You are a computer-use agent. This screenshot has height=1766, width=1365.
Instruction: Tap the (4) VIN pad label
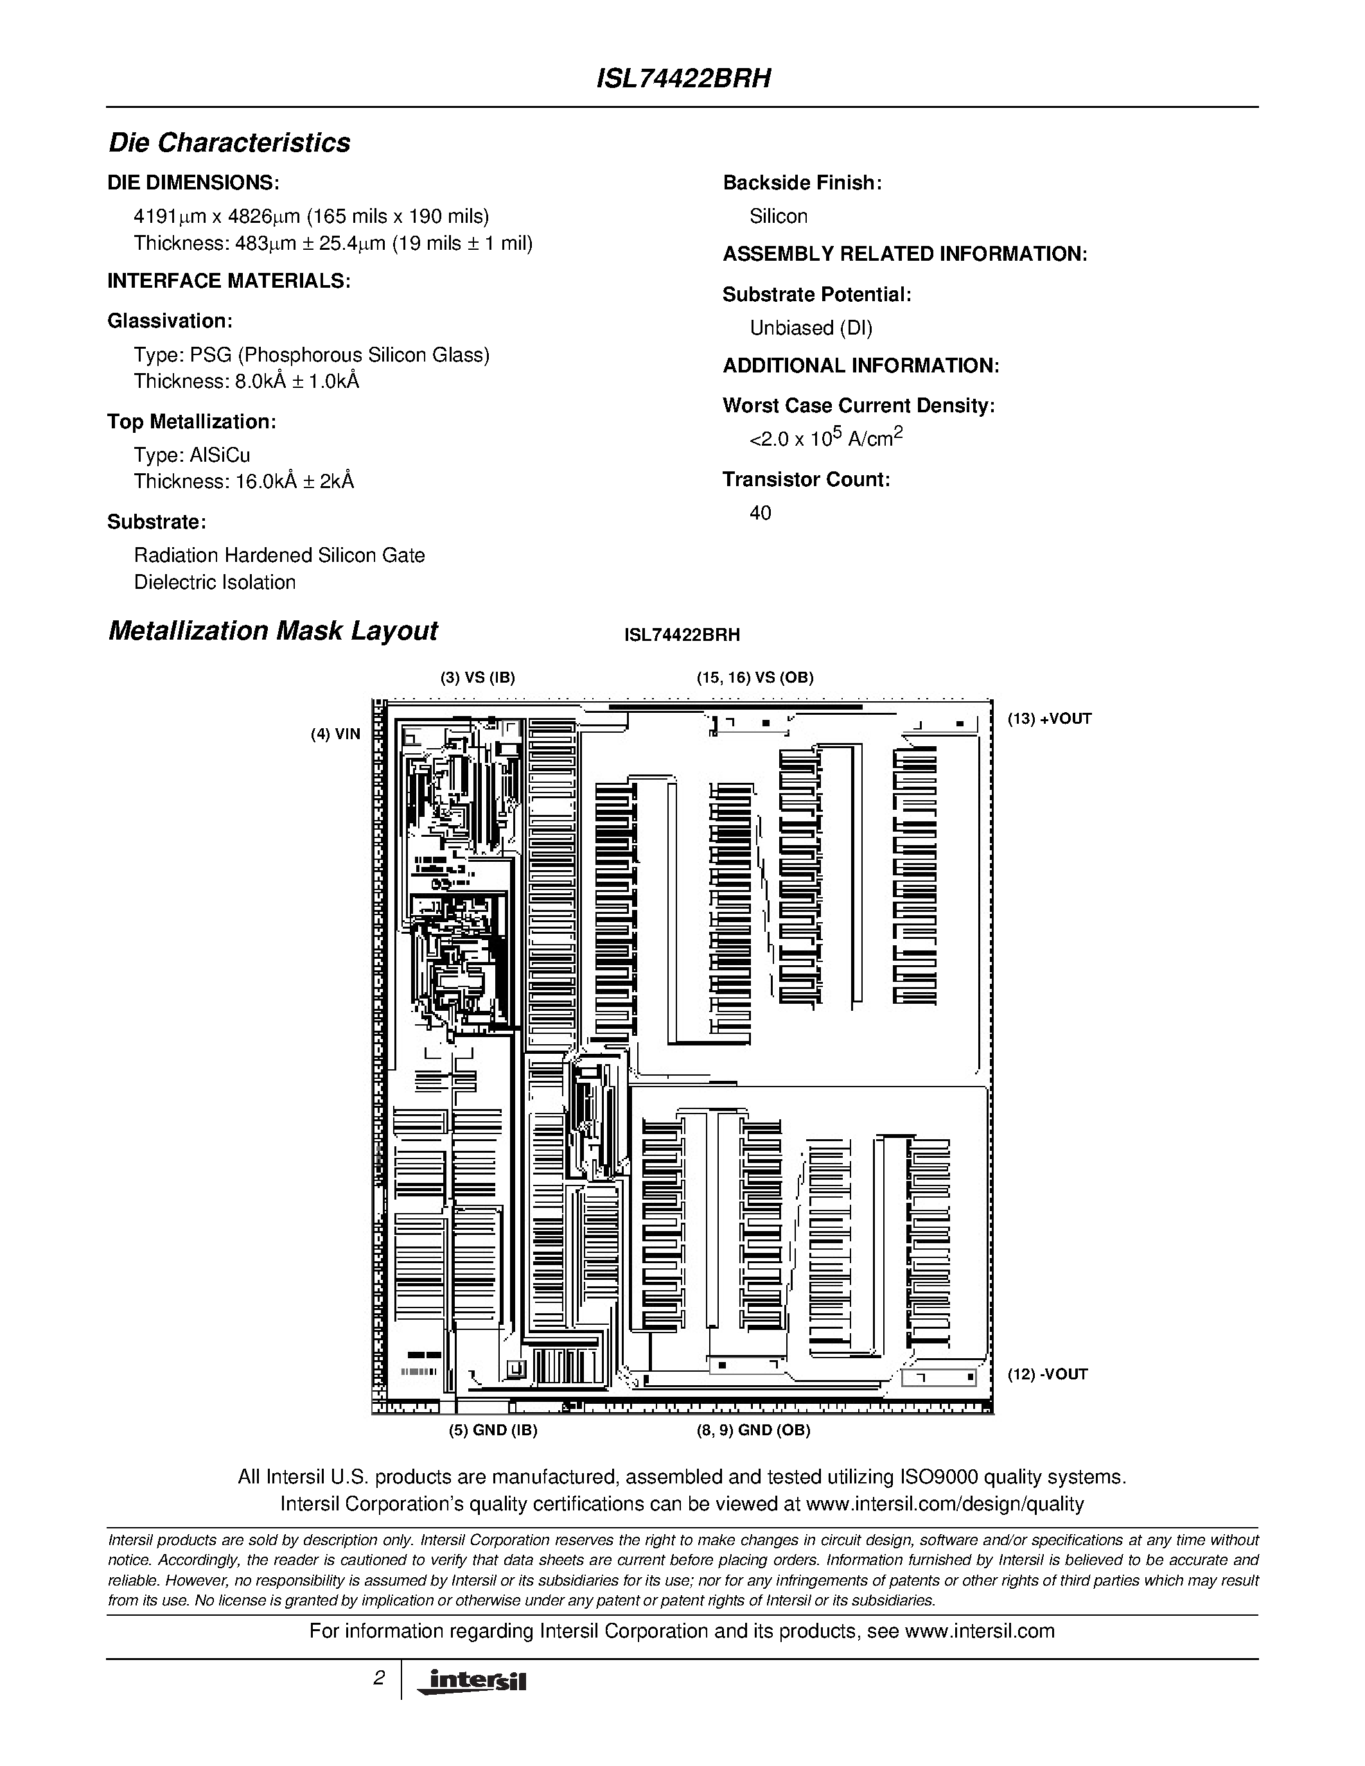335,734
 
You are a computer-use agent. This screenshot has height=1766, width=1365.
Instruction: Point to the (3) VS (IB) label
477,678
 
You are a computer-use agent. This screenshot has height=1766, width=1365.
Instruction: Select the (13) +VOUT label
1049,719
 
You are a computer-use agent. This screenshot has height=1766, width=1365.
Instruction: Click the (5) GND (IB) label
493,1429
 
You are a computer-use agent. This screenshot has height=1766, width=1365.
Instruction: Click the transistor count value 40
760,512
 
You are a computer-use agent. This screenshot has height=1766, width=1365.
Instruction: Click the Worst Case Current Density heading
858,406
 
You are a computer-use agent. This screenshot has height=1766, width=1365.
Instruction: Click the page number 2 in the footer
378,1679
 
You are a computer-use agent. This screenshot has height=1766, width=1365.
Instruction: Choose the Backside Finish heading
802,183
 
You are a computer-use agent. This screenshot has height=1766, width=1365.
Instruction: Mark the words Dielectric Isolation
215,582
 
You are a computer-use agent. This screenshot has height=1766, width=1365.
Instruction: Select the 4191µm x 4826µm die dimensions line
312,216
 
